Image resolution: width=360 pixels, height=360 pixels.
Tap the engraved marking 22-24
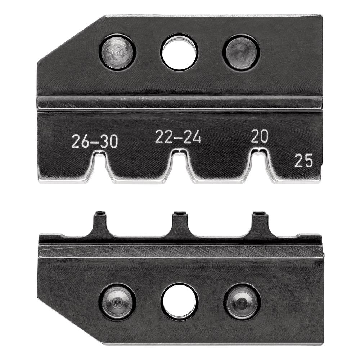(x=178, y=138)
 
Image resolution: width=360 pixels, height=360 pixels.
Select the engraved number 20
(x=259, y=137)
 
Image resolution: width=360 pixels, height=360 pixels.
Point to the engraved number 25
(x=303, y=161)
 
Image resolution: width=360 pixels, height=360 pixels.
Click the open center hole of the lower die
(x=179, y=302)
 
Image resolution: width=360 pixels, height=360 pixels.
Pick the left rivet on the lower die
(x=118, y=302)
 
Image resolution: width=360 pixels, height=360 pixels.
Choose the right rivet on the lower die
(x=242, y=302)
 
